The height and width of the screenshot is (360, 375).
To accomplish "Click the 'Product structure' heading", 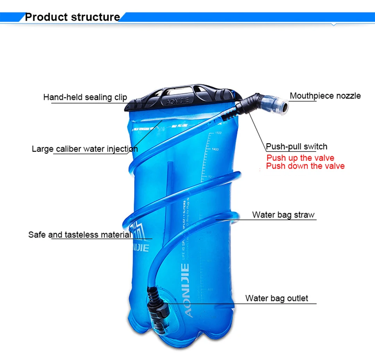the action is (72, 17).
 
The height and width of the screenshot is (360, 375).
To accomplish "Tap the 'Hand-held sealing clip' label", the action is (85, 97).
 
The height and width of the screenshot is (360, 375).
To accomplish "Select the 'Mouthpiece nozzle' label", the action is (325, 96).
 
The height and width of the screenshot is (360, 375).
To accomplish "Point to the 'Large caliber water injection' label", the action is (85, 149).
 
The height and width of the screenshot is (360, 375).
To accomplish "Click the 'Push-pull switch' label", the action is (296, 147).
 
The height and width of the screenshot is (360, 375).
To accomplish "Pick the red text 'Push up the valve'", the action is (300, 158).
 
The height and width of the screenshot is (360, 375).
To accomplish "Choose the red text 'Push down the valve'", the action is (305, 166).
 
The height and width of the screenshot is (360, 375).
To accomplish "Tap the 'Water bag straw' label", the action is (283, 215).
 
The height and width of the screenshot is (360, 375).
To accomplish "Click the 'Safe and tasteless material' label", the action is (80, 235).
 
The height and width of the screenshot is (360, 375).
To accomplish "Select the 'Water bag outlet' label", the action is (277, 298).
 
